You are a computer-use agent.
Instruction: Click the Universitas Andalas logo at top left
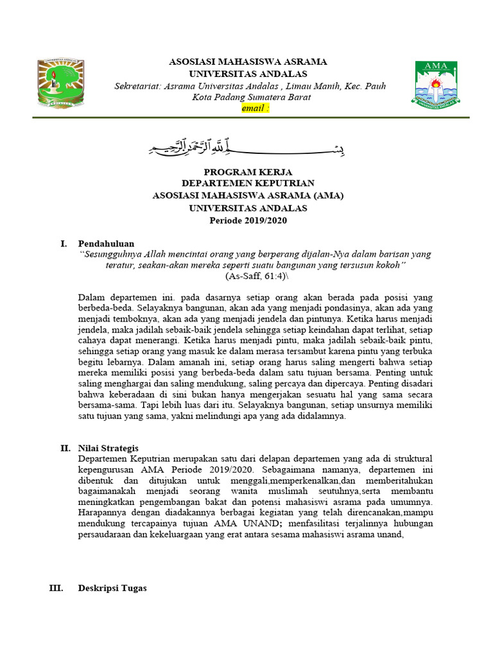pyautogui.click(x=60, y=84)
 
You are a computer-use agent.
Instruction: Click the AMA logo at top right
pyautogui.click(x=434, y=84)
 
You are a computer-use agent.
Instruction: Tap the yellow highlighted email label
pyautogui.click(x=255, y=108)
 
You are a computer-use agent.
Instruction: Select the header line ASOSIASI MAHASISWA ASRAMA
pyautogui.click(x=247, y=62)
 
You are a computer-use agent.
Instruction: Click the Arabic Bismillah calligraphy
pyautogui.click(x=247, y=148)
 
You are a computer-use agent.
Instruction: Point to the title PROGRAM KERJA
pyautogui.click(x=247, y=173)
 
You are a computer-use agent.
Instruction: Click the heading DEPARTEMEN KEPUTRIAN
pyautogui.click(x=247, y=185)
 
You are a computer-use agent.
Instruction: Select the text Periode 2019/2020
pyautogui.click(x=247, y=221)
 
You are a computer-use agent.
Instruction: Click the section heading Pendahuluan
pyautogui.click(x=106, y=244)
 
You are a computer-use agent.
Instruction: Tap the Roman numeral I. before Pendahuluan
pyautogui.click(x=63, y=244)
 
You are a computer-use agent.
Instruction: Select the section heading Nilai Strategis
pyautogui.click(x=108, y=448)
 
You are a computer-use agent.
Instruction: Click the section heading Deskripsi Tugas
pyautogui.click(x=112, y=588)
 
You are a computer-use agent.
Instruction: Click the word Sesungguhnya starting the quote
pyautogui.click(x=111, y=254)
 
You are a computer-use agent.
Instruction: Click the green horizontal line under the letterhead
pyautogui.click(x=247, y=118)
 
